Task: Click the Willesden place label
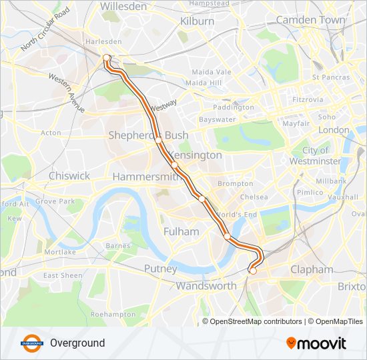point(123,6)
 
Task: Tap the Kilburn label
point(197,21)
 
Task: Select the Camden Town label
point(310,20)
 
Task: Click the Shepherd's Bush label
point(148,135)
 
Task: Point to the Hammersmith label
point(147,177)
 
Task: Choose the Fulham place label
point(181,231)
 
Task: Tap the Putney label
point(161,269)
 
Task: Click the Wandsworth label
point(206,286)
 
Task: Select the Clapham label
point(312,270)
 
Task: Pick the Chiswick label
point(69,176)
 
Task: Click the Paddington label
point(234,107)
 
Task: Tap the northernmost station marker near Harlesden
point(106,58)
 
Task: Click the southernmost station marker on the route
point(252,271)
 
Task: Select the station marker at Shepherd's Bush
point(159,141)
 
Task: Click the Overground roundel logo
point(31,343)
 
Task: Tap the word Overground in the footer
point(77,343)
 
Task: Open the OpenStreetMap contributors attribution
point(256,321)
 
